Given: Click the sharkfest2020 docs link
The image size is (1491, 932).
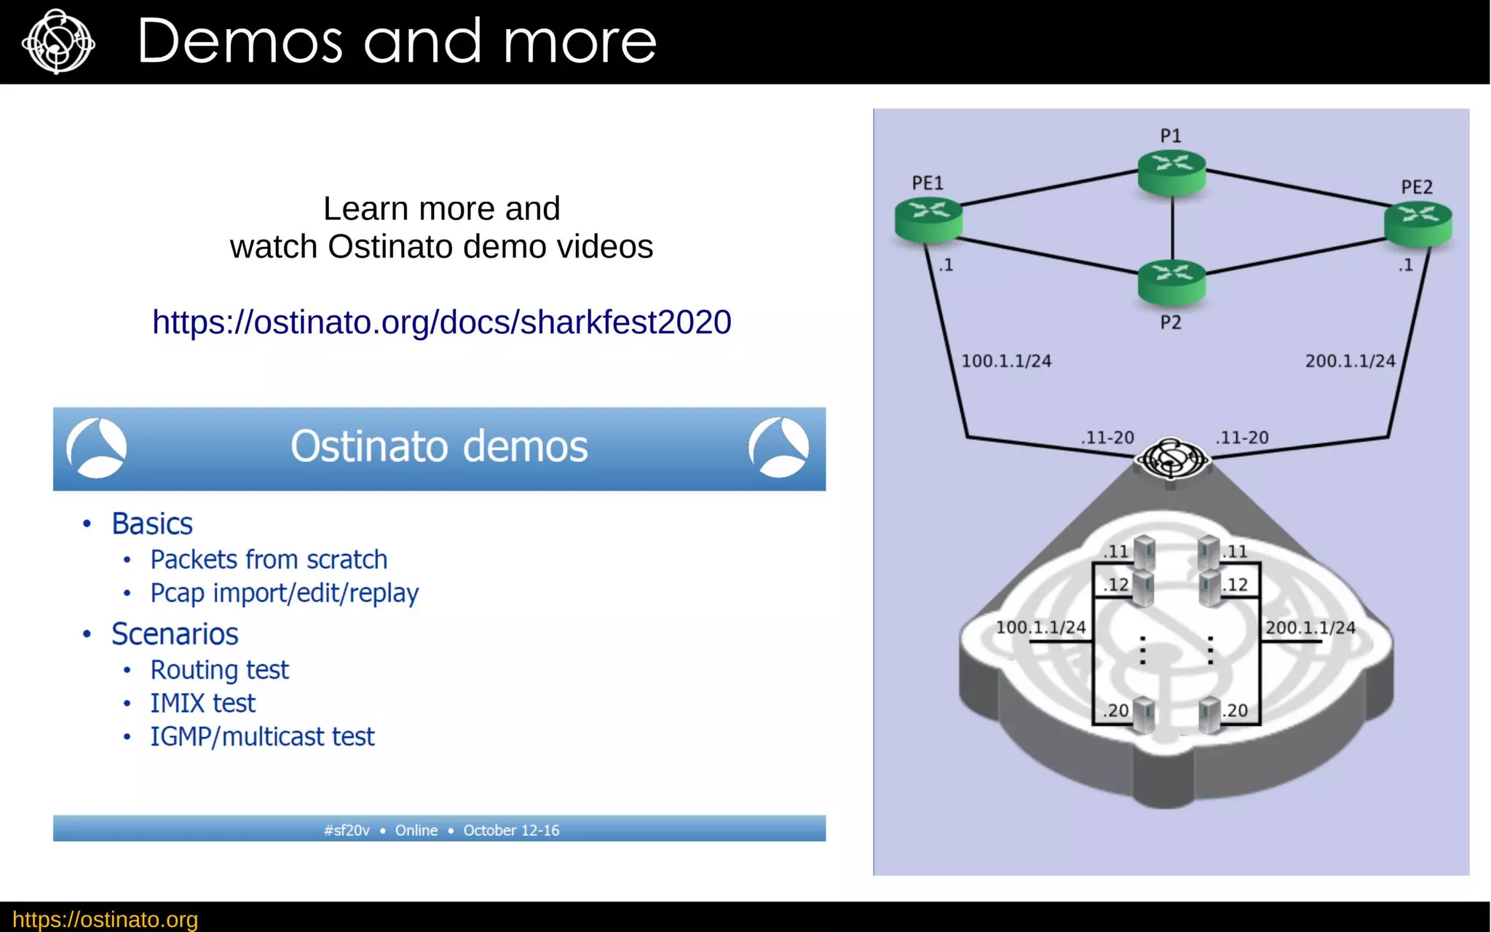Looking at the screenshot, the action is pos(441,322).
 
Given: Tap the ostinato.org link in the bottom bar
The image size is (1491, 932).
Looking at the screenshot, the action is pos(106,919).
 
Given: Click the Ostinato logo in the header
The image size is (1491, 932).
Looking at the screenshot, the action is pos(58,42).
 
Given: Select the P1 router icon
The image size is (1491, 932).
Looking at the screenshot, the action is pos(1171,171).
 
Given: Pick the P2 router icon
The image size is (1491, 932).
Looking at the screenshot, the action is pos(1171,281).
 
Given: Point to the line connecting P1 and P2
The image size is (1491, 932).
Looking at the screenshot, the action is pos(1172,228).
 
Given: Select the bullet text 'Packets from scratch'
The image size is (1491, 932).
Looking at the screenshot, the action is pos(269,559).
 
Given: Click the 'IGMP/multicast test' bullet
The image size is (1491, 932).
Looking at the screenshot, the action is pos(262,736).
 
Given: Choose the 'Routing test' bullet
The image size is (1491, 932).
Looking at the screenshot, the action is pos(219,670).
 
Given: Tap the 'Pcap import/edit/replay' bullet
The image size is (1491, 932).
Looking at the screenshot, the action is pos(284,593).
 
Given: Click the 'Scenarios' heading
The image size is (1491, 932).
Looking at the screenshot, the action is pos(175,634).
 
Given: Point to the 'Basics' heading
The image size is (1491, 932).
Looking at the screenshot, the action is pos(152,524).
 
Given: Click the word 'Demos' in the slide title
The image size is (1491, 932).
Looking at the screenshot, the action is pos(240,42).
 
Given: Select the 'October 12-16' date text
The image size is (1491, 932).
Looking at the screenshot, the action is pos(511,830).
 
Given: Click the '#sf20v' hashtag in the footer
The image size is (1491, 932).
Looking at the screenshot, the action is pos(347,830).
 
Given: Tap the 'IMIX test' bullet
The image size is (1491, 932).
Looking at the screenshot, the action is pos(202,703).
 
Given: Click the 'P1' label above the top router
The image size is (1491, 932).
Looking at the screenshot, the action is pos(1171,135).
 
